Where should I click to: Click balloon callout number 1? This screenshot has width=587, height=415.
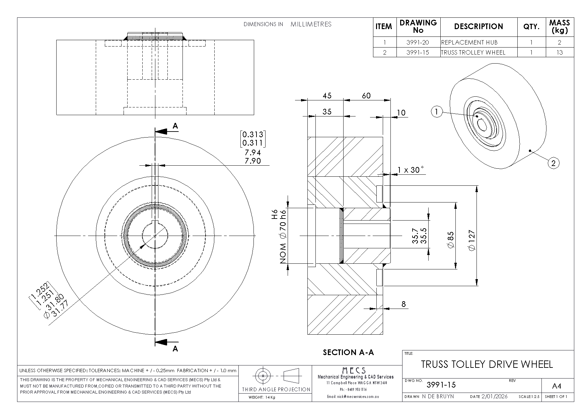(436, 112)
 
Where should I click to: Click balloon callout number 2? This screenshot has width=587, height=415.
(553, 163)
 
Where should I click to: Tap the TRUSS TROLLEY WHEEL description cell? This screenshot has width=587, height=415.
(473, 52)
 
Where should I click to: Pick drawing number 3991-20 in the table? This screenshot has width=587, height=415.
(418, 43)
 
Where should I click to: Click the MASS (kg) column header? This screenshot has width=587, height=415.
(559, 26)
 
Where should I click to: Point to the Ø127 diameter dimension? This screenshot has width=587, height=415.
(472, 240)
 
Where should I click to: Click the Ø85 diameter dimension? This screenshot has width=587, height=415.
(450, 240)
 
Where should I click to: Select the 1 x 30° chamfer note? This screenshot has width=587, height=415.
(411, 170)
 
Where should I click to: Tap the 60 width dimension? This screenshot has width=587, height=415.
(366, 96)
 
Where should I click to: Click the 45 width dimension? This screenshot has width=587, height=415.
(327, 96)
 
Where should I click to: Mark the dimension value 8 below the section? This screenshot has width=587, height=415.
(403, 304)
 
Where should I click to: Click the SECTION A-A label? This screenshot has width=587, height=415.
(348, 352)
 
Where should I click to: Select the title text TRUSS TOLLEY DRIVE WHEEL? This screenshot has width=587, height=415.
(487, 364)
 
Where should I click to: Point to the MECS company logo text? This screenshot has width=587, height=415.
(354, 370)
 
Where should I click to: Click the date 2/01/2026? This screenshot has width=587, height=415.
(495, 397)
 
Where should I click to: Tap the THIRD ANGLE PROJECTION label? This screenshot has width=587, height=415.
(276, 389)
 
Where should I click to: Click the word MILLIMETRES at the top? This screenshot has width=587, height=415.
(311, 24)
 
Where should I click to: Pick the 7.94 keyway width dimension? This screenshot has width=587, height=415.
(253, 153)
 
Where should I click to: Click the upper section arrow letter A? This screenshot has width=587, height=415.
(175, 126)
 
